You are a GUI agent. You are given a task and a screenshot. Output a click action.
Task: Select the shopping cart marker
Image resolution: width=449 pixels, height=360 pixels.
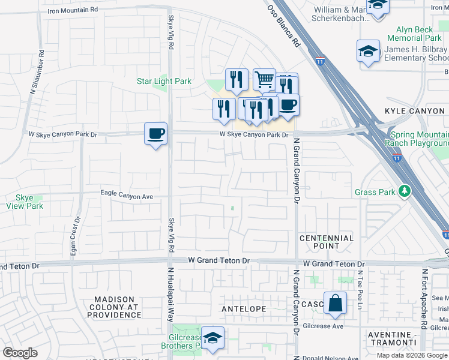[264, 79]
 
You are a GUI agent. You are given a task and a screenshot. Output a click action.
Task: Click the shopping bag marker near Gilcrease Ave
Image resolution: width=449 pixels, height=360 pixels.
[335, 304]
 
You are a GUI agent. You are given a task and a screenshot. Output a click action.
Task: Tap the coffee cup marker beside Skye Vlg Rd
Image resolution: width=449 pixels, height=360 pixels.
[155, 133]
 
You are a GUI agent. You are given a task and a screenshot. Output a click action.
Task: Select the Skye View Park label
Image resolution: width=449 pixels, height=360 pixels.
[25, 202]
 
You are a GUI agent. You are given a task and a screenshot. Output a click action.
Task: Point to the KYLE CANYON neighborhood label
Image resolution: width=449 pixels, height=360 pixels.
[415, 112]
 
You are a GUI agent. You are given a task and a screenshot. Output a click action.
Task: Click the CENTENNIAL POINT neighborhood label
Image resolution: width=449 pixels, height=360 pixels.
[327, 242]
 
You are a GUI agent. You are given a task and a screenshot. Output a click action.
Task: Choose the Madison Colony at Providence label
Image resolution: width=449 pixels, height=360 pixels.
[118, 307]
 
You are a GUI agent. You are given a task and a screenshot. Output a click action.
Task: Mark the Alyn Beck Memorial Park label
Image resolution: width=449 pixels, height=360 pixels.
[418, 33]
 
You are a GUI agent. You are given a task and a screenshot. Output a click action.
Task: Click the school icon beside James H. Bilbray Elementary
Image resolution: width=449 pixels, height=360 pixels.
[367, 51]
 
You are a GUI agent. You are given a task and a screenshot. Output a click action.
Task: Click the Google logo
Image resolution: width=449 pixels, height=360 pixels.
[20, 353]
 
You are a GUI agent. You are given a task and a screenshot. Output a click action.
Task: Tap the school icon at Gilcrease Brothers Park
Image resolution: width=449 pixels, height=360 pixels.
[212, 338]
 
